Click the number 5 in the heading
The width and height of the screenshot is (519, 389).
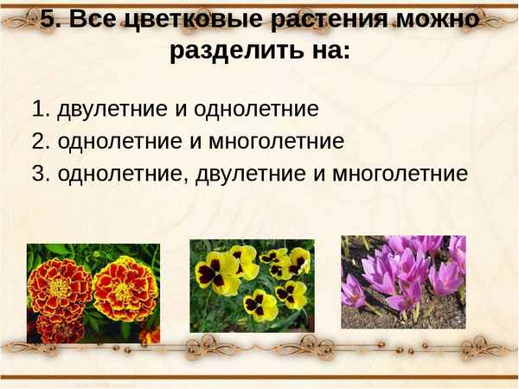[49, 19]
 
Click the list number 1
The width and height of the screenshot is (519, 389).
[39, 109]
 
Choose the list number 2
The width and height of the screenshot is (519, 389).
[39, 141]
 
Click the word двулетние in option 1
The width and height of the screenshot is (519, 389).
[106, 109]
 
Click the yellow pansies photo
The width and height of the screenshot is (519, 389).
[252, 285]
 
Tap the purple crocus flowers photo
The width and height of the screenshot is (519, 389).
[402, 282]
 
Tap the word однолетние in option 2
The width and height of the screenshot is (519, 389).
[108, 141]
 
